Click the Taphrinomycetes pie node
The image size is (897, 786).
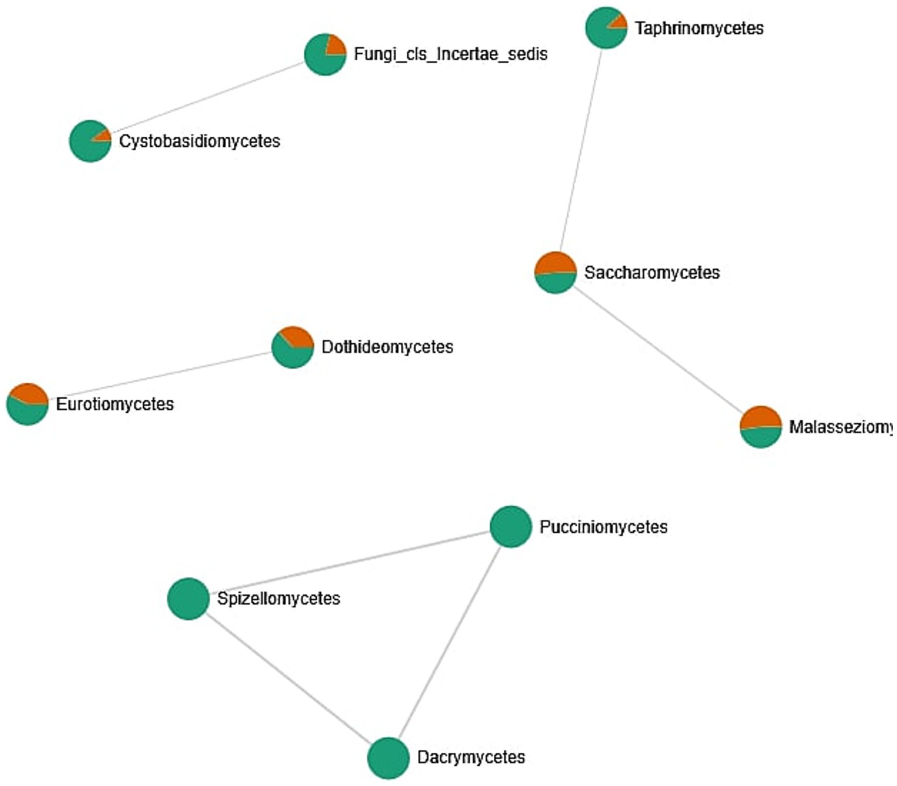[x=606, y=27]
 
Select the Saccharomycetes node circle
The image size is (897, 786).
[x=555, y=272]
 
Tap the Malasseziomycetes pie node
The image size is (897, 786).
[x=760, y=427]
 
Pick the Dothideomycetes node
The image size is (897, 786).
[x=292, y=347]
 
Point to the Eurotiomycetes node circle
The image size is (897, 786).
[x=27, y=404]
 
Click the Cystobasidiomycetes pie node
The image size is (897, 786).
[x=90, y=141]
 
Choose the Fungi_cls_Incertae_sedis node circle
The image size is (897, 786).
[x=325, y=54]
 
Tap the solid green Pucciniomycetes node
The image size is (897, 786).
[x=511, y=527]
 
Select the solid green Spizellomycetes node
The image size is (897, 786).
[x=188, y=598]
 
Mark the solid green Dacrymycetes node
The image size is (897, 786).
[x=388, y=758]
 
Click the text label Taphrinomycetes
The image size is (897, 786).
[x=699, y=28]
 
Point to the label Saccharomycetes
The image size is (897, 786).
[x=652, y=272]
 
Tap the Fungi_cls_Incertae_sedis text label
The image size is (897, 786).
[x=451, y=54]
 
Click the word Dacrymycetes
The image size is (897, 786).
[x=471, y=757]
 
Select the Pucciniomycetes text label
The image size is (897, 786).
[x=603, y=527]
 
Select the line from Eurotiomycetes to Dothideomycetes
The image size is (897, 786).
[x=159, y=376]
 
